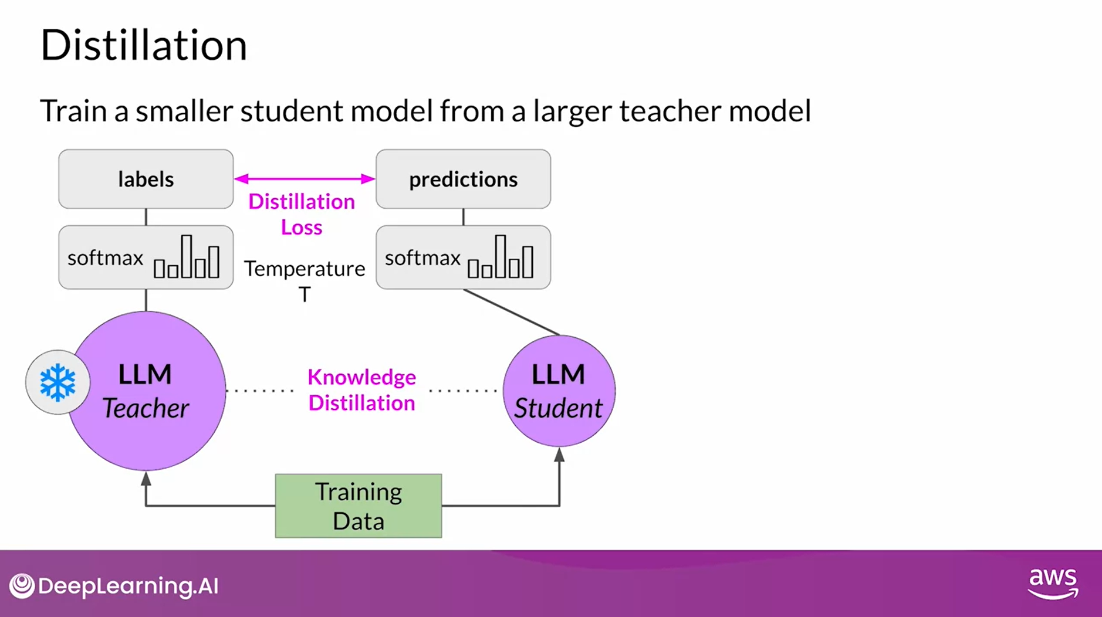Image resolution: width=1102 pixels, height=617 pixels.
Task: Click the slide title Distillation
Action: [x=143, y=45]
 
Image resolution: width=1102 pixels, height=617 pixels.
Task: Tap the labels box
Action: [x=146, y=179]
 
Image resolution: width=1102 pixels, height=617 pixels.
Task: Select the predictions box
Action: [x=463, y=179]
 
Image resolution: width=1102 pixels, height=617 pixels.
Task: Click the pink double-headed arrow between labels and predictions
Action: [x=304, y=178]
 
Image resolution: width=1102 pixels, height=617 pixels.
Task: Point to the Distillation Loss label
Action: [x=302, y=214]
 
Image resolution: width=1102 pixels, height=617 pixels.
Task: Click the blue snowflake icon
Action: [x=58, y=382]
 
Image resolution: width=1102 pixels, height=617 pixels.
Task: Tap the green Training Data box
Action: [x=358, y=506]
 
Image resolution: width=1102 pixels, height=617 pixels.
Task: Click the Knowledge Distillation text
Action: [x=361, y=390]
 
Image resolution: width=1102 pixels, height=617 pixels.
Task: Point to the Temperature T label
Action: [x=304, y=280]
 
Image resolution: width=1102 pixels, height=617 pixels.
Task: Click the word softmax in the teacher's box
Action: [x=106, y=258]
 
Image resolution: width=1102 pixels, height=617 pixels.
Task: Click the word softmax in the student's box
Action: [x=422, y=258]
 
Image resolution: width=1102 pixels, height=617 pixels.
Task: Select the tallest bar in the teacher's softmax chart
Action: [x=187, y=256]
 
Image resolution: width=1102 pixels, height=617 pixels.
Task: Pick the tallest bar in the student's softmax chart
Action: [x=500, y=256]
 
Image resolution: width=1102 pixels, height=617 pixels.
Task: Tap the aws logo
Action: [x=1053, y=583]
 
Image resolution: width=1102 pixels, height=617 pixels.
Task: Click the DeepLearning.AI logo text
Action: [x=128, y=586]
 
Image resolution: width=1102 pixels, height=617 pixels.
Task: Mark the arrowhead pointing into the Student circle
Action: [x=559, y=455]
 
